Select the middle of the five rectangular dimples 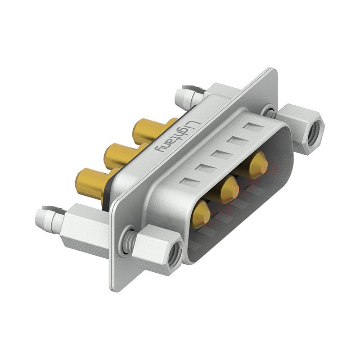coord(221,155)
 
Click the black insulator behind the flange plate coord(107,193)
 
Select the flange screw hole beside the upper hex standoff coord(270,110)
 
